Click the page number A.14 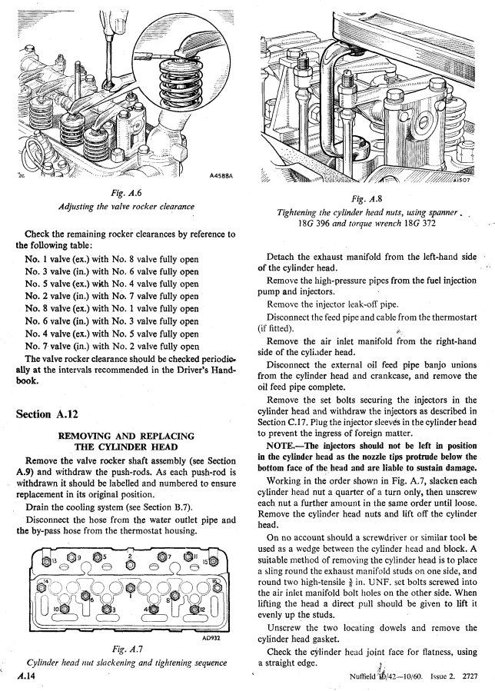[23, 678]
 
